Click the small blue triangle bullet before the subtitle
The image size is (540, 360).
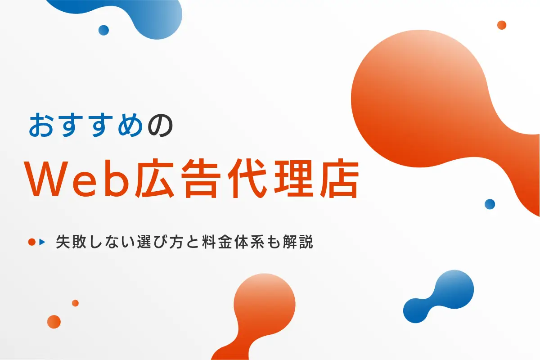42,242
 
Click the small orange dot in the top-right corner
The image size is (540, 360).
502,25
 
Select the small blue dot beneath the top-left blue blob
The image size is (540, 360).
103,30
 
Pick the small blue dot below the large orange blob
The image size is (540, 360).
490,204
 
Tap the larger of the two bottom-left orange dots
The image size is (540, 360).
54,322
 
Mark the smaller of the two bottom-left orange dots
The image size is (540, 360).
75,303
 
